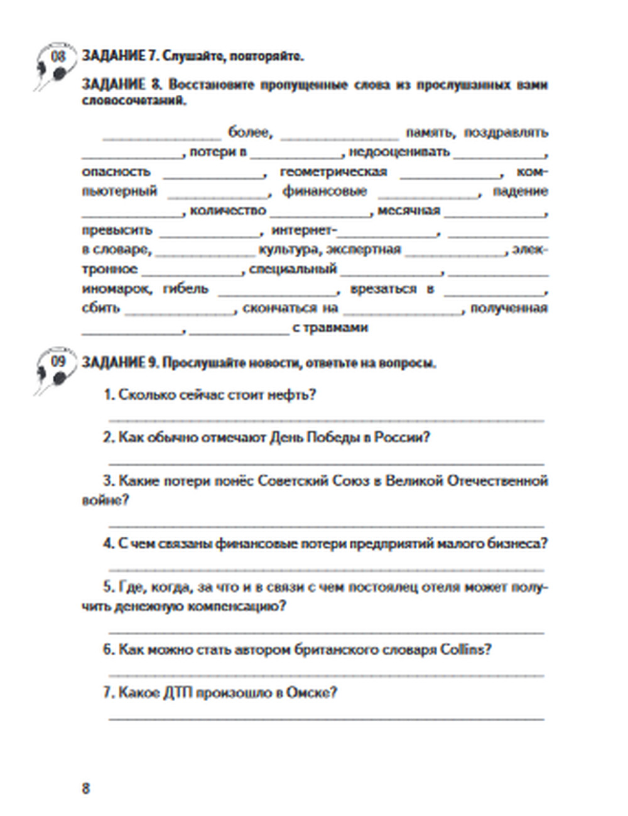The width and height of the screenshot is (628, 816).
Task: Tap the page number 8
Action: coord(86,788)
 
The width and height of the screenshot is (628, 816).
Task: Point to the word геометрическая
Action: coord(333,171)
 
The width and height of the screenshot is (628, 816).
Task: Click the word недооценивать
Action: coord(399,152)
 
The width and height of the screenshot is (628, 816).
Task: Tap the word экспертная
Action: coord(364,250)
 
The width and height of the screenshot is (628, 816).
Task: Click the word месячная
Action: coord(408,210)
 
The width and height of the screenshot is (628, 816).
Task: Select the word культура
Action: coord(288,250)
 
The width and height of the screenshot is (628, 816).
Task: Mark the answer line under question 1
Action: coord(327,419)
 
